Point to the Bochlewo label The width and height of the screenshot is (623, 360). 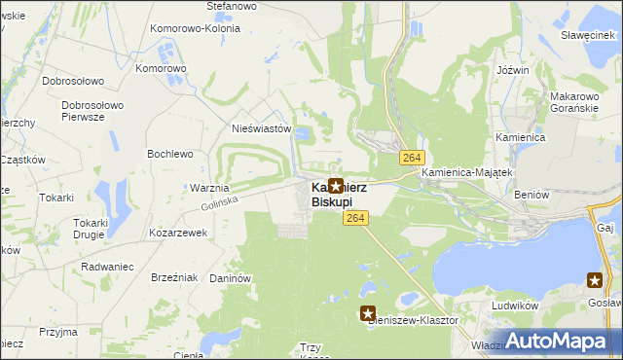[169, 154]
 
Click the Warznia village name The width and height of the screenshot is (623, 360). [209, 187]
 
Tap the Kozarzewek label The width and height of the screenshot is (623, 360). [178, 234]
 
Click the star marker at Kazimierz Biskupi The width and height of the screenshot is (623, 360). [336, 185]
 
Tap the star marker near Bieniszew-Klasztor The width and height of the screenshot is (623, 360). [368, 313]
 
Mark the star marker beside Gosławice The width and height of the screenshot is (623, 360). [595, 280]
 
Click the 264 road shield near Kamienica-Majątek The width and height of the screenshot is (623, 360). [411, 158]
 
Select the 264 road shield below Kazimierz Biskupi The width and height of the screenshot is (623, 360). [354, 221]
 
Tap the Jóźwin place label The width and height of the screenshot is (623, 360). [512, 70]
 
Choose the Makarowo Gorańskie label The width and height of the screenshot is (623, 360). [573, 103]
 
